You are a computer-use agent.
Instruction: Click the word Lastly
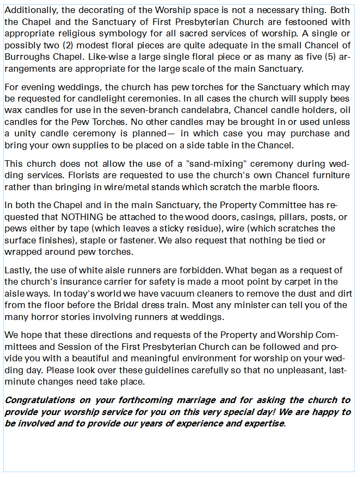point(17,270)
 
